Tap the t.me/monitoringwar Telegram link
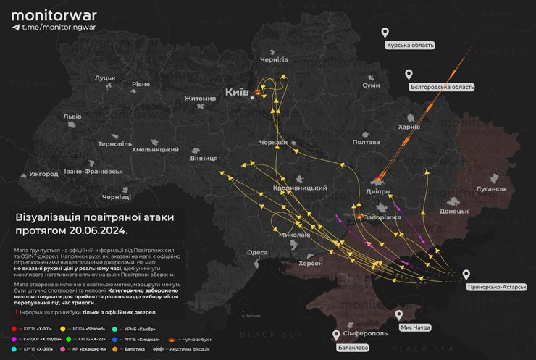[53, 27]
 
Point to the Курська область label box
[411, 45]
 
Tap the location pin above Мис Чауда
[398, 315]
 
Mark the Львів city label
[72, 116]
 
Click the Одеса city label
[257, 252]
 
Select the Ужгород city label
[43, 174]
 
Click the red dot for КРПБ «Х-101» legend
[14, 328]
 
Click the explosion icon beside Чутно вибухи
[172, 338]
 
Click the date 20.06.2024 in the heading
[96, 230]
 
